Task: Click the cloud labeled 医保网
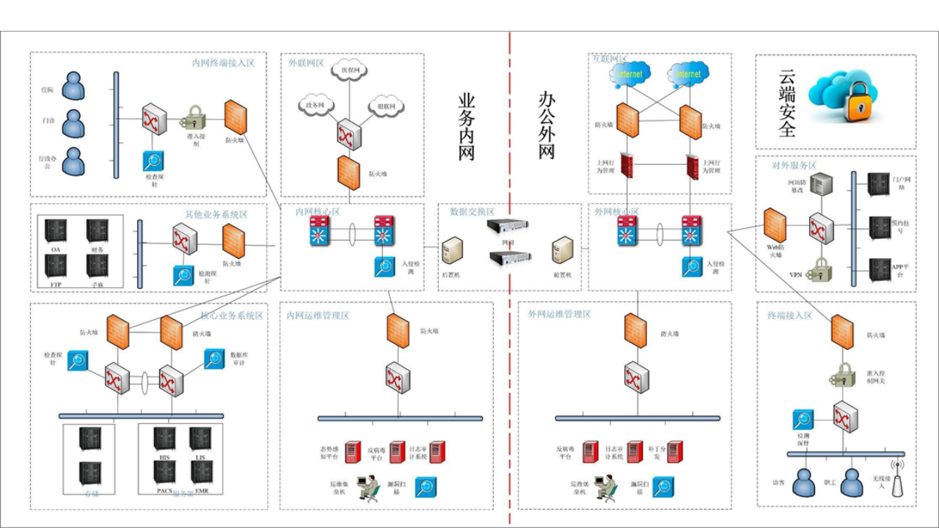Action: (349, 70)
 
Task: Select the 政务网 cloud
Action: (315, 106)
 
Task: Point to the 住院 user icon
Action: (73, 86)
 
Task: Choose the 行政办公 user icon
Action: (73, 161)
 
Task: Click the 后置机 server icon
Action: (451, 252)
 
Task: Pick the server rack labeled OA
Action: (56, 230)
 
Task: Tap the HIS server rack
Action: (164, 439)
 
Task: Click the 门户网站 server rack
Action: (878, 184)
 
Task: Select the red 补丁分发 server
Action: (674, 451)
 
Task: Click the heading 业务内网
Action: (467, 126)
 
